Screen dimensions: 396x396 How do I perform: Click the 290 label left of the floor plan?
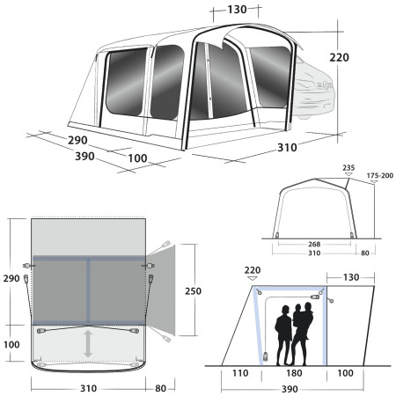click(x=11, y=278)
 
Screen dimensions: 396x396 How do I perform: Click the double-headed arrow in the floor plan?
click(x=88, y=344)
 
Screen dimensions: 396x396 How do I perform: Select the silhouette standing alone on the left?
click(x=284, y=334)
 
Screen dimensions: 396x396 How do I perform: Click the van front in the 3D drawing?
click(x=319, y=89)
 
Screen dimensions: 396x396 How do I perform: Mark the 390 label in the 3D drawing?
click(x=62, y=155)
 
